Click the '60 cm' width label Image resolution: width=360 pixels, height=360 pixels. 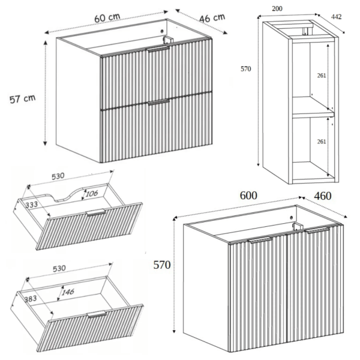coord(107,17)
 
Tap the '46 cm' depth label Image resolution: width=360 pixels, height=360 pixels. coord(212,18)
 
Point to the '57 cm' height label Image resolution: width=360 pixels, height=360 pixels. coord(23,99)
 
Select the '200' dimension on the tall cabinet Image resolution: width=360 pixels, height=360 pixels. coord(277,9)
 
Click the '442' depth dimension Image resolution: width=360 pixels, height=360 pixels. coord(337,17)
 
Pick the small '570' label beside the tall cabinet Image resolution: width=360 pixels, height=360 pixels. coord(245,69)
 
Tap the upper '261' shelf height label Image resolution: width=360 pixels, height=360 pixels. coord(322,76)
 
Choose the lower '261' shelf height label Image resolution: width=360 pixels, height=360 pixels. coord(322,142)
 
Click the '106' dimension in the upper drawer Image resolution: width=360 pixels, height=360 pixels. coord(92,194)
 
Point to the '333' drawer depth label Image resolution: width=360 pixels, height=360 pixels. coord(31,205)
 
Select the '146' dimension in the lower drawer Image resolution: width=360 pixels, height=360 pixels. coord(68,292)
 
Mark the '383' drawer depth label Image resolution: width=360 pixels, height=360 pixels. coord(31,299)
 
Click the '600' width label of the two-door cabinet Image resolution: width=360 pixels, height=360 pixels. coord(248,196)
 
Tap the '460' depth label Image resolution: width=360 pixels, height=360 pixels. coord(323,196)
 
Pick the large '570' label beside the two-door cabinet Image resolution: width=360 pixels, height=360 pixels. coord(162,265)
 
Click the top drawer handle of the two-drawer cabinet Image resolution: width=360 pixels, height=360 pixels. coord(158,49)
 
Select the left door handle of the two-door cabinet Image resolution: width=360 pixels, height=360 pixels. coord(260,240)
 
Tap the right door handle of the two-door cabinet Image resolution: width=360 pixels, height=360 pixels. coord(318,230)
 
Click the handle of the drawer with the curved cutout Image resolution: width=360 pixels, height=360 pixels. coord(95,212)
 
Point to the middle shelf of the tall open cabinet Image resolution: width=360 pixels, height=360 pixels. coord(313,115)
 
